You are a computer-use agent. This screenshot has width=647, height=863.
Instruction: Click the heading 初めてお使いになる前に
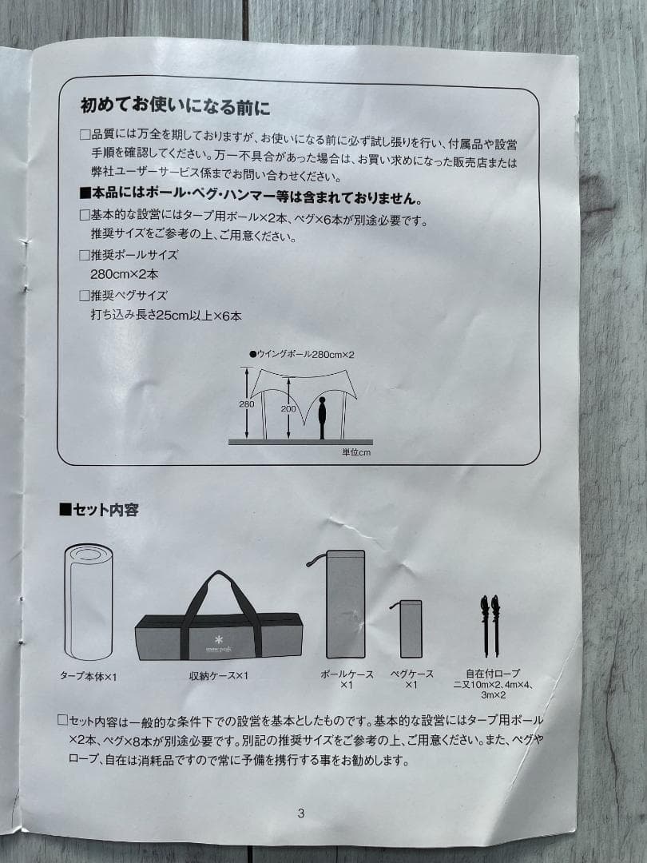(175, 105)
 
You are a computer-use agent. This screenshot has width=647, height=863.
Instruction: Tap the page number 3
(300, 813)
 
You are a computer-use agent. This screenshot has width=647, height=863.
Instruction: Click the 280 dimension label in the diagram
(247, 404)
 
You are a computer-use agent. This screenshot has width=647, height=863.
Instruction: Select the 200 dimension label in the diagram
(288, 408)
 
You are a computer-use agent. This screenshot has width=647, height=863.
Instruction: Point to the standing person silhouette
(322, 418)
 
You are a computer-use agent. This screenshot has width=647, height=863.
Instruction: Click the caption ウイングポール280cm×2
(302, 355)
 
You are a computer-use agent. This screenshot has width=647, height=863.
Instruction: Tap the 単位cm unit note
(356, 452)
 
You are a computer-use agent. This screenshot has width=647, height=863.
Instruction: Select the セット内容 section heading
(99, 510)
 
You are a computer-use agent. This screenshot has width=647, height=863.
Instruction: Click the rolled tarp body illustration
(88, 602)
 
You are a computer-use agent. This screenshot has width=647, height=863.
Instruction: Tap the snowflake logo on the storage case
(218, 641)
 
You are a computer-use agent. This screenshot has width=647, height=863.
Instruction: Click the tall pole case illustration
(345, 604)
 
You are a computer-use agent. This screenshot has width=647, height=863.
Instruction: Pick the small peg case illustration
(411, 629)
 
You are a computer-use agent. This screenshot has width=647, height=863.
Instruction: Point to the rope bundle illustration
(490, 626)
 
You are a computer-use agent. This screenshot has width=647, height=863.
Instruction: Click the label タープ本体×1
(88, 677)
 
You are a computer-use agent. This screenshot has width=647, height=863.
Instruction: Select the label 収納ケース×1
(219, 675)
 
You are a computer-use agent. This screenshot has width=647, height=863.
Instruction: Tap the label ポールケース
(347, 674)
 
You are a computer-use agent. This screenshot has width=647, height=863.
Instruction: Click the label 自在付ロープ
(493, 673)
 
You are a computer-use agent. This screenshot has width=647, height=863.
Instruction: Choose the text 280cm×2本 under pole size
(125, 273)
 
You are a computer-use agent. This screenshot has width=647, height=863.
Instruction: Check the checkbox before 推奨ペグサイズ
(84, 296)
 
